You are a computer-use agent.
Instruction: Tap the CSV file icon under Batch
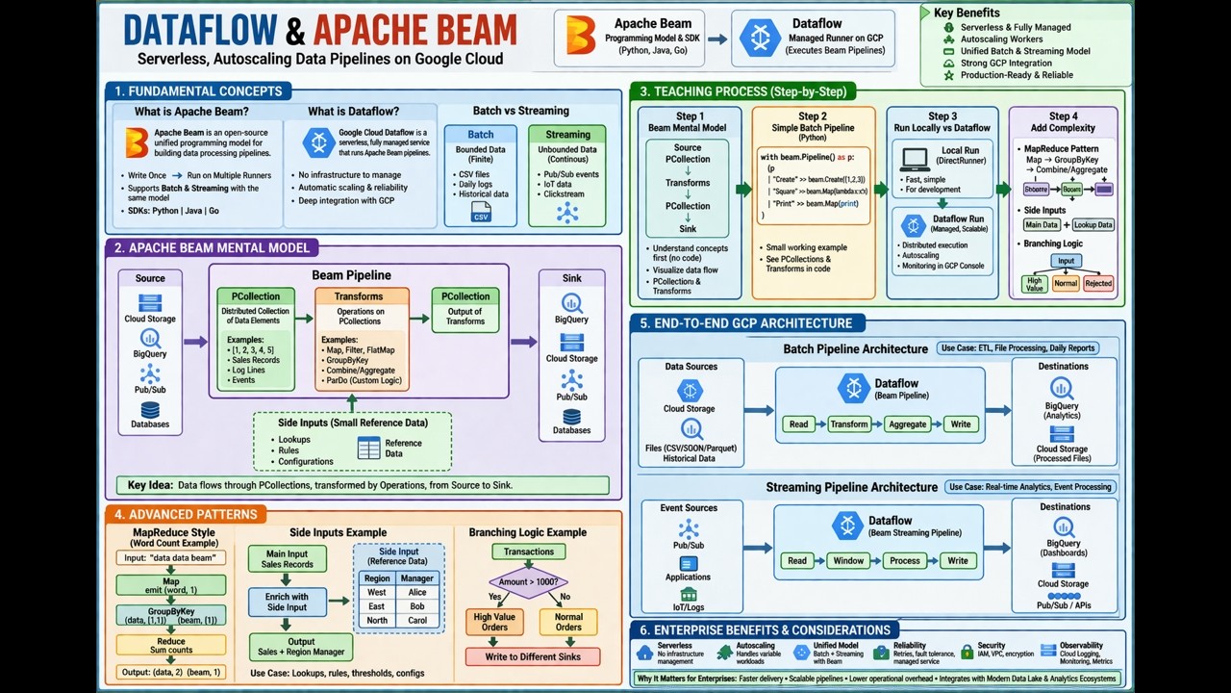tap(480, 213)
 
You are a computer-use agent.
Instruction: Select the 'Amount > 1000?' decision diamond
tap(528, 582)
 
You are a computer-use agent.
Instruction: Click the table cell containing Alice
tap(416, 593)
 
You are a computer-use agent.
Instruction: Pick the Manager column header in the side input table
tap(417, 578)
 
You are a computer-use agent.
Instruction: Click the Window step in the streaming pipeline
tap(848, 561)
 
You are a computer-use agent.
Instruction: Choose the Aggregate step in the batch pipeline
tap(907, 424)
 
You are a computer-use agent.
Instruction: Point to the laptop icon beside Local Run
tap(914, 159)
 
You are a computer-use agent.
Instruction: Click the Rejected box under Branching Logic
tap(1098, 284)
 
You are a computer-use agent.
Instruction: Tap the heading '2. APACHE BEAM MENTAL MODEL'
tap(212, 248)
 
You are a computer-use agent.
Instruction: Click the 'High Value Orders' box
tap(494, 622)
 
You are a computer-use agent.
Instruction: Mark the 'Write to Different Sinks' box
tap(532, 656)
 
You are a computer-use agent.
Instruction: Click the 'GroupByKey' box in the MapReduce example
tap(171, 615)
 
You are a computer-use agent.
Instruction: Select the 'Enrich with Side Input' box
tap(287, 603)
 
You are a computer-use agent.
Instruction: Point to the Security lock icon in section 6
tap(967, 653)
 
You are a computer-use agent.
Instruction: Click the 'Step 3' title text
tap(942, 116)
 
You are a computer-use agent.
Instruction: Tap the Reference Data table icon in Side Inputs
tap(368, 449)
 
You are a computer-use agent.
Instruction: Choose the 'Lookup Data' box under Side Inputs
tap(1093, 225)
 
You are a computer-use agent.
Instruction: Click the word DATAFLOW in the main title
tap(202, 30)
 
